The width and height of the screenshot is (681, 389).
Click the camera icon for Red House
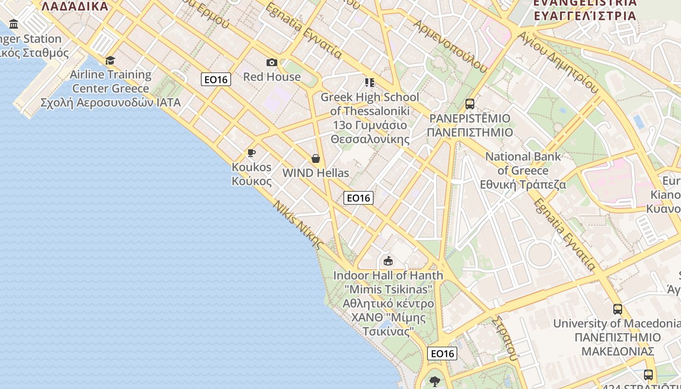click(272, 62)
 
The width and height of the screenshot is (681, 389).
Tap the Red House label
click(272, 77)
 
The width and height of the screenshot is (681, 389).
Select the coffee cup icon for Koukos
click(251, 153)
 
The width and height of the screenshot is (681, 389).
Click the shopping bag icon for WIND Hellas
click(316, 159)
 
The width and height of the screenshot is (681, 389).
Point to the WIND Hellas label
click(316, 173)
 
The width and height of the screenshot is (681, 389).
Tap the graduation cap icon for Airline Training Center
click(110, 60)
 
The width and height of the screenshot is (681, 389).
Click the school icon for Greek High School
click(370, 83)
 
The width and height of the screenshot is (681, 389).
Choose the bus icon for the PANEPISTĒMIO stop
click(470, 104)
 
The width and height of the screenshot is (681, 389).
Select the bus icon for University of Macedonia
click(618, 309)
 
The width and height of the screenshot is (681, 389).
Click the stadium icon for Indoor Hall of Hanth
click(388, 261)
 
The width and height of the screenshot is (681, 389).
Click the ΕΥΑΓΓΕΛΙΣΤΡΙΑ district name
click(585, 16)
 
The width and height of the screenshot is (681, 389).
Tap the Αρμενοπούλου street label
click(449, 46)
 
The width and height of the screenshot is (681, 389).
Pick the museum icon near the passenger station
click(14, 24)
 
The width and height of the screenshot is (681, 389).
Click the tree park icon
click(435, 381)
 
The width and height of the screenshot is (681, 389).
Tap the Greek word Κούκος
click(251, 181)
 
